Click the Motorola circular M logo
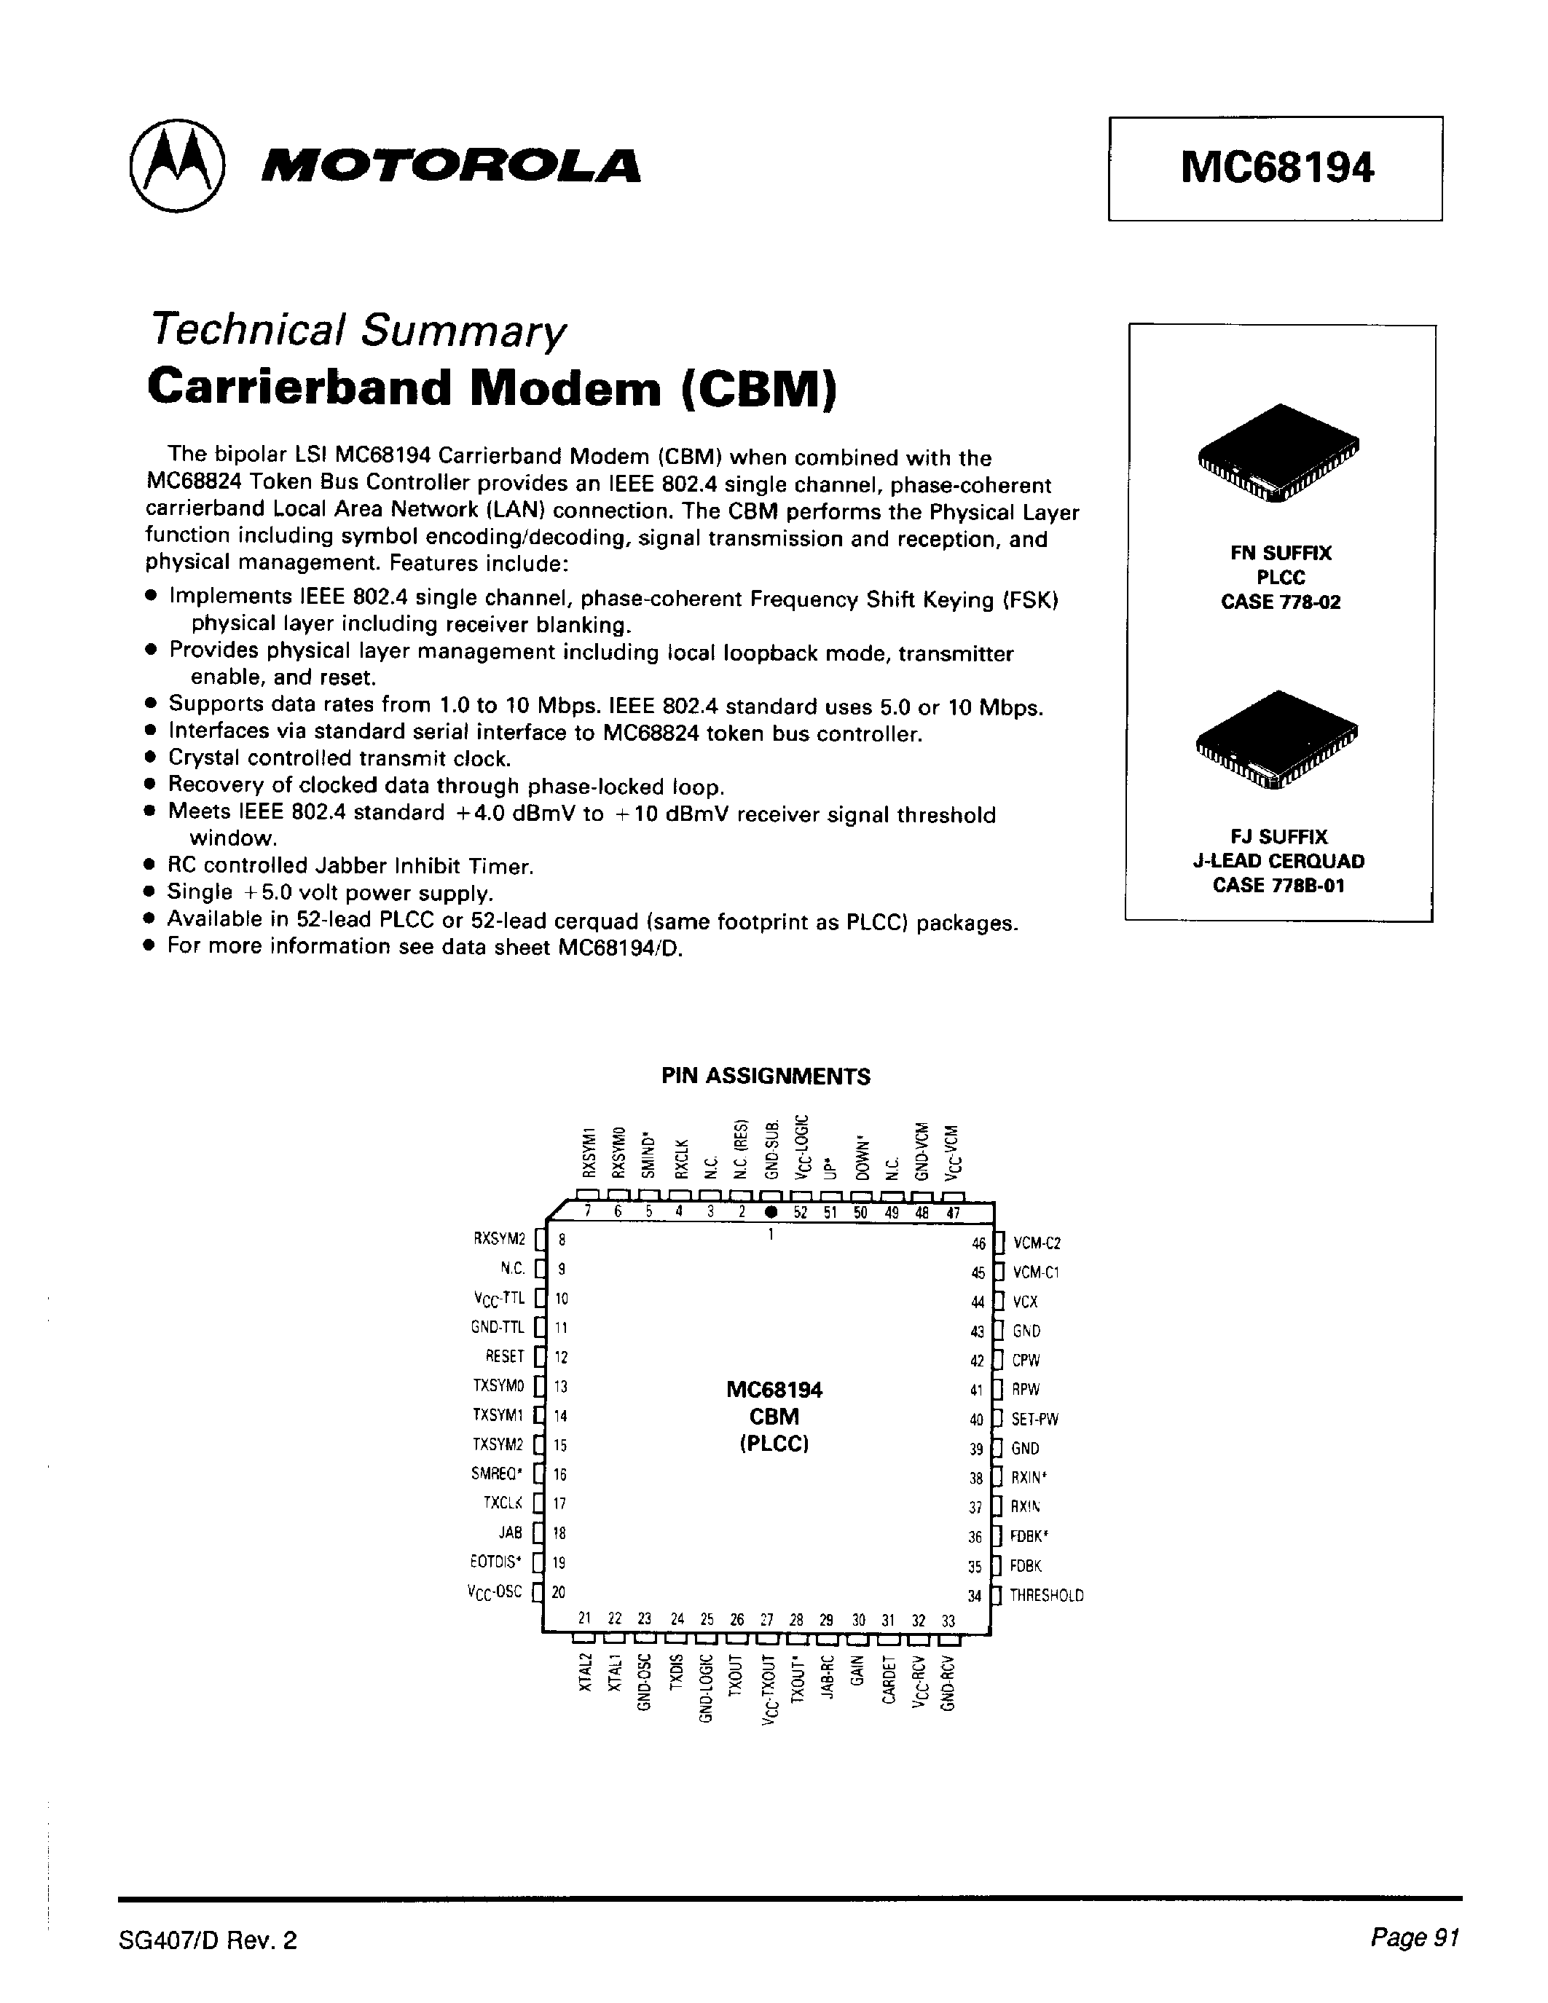(177, 166)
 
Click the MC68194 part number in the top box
(1276, 168)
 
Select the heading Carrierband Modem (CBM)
(492, 387)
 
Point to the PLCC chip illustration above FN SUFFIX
(1279, 452)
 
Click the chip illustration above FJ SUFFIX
(1278, 737)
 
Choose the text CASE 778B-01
(1278, 885)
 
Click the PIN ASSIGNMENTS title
(766, 1076)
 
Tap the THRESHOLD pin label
(1046, 1595)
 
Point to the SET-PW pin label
(1034, 1419)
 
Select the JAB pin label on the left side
(511, 1532)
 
